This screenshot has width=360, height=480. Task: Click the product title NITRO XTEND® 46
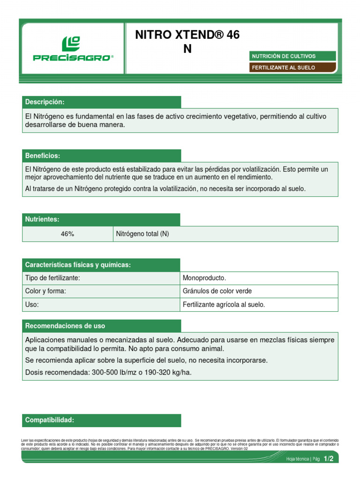pos(187,35)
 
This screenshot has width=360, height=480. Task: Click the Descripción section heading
pos(45,102)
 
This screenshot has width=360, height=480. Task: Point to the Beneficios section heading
pos(43,156)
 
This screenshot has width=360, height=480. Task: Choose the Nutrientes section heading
pos(42,219)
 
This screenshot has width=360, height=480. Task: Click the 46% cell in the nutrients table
pos(67,234)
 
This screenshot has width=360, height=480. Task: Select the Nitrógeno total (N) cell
pos(142,234)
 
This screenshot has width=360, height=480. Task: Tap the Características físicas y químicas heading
pos(78,265)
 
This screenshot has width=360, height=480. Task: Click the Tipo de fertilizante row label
pos(52,278)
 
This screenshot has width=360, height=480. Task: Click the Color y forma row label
pos(45,291)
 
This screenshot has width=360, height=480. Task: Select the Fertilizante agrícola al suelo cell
pos(224,304)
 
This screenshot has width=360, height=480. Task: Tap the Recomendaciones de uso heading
pos(65,326)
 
